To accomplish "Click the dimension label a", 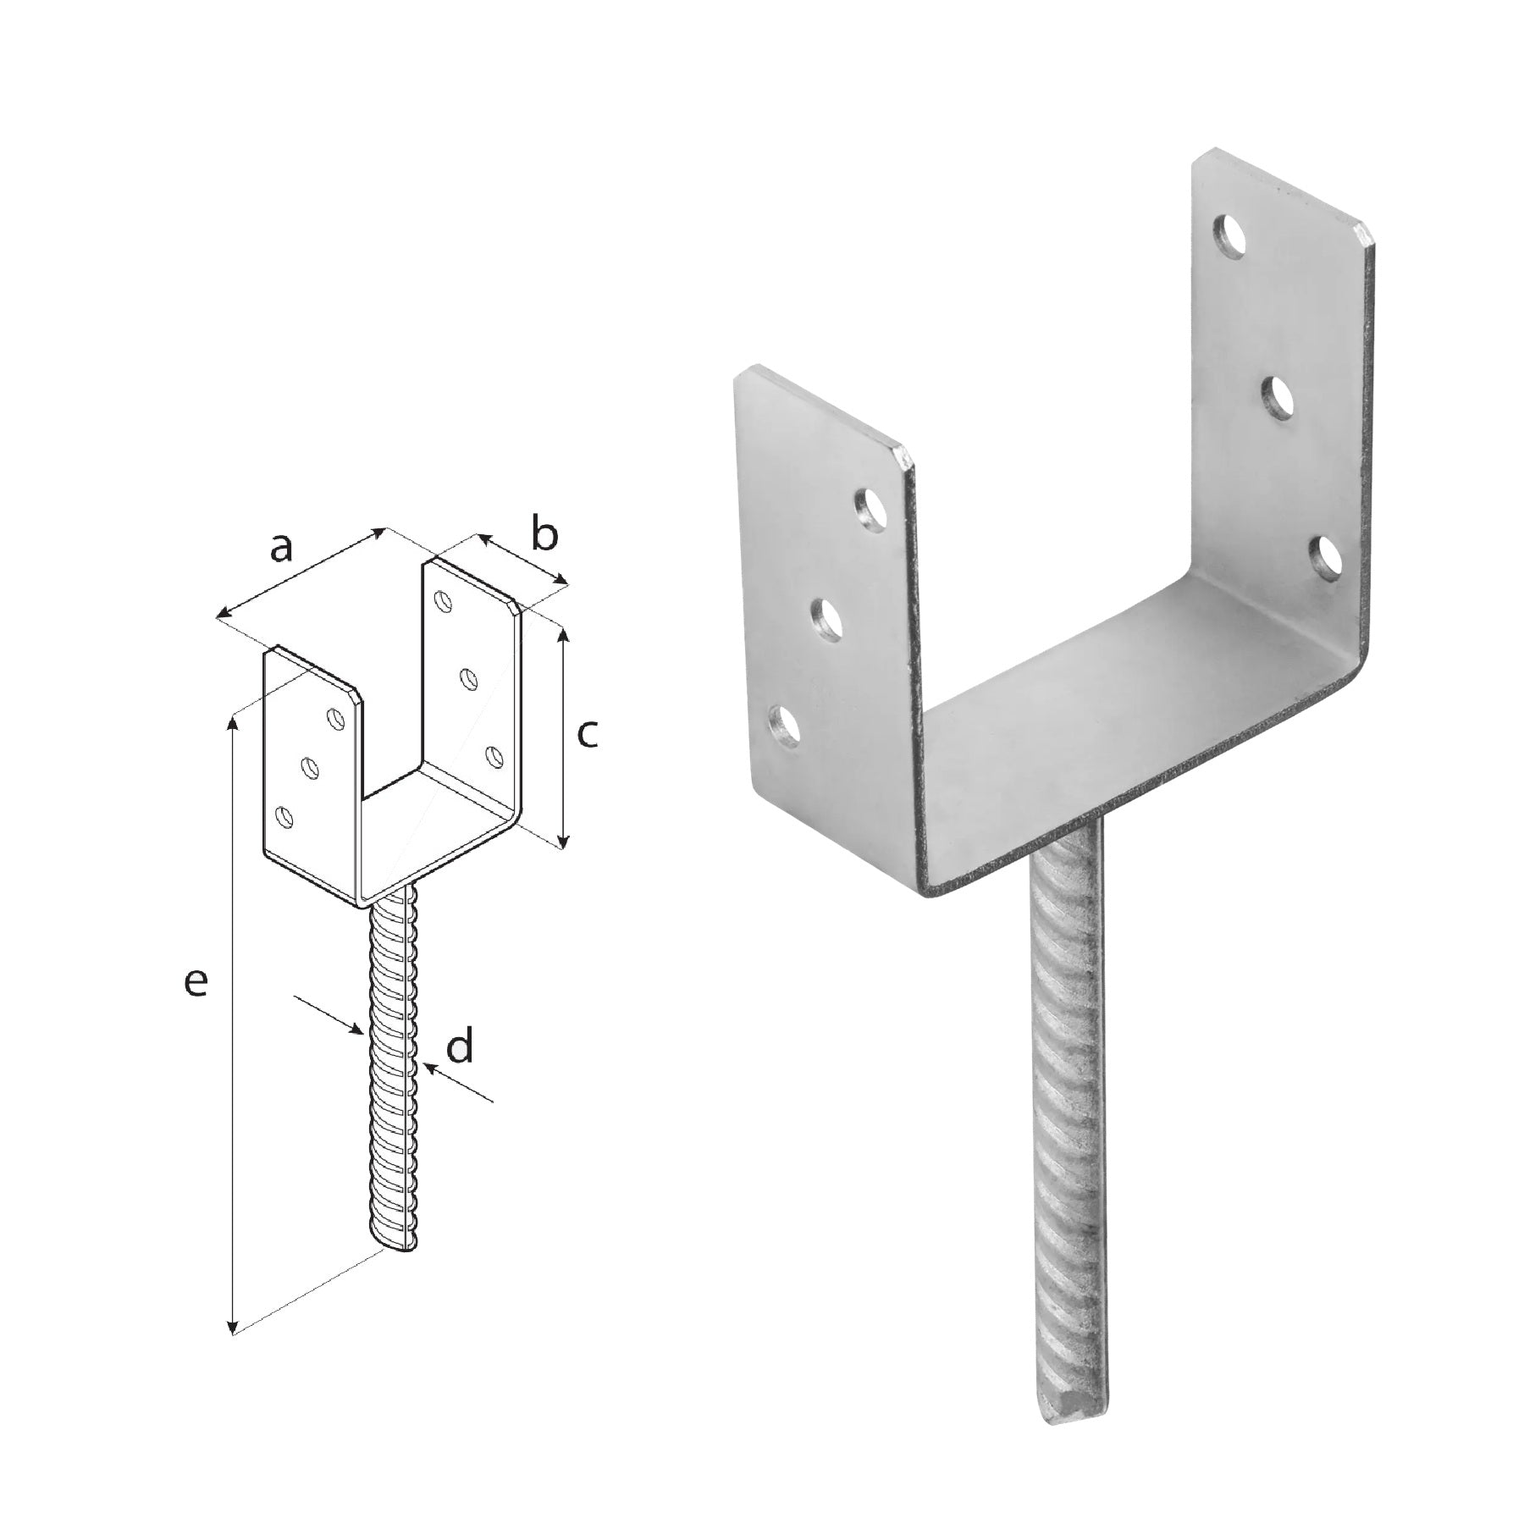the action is point(281,548).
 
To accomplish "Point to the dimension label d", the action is point(460,1046).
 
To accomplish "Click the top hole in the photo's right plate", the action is point(1233,235).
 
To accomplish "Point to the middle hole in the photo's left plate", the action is point(828,619).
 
